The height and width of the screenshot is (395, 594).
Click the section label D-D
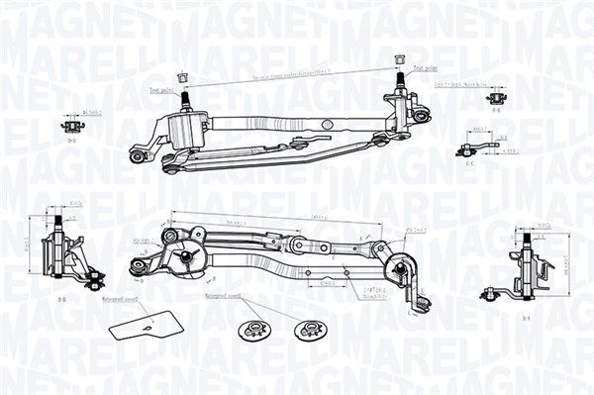[x=72, y=141]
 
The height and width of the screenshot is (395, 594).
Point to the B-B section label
[x=61, y=298]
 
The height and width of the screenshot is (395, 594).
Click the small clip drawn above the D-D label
[x=71, y=125]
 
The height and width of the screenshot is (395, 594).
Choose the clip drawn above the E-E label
[x=494, y=97]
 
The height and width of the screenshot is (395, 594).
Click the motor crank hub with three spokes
[x=184, y=257]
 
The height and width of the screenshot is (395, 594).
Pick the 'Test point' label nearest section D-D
[x=161, y=88]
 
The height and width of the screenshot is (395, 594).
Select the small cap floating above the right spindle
[x=400, y=58]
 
